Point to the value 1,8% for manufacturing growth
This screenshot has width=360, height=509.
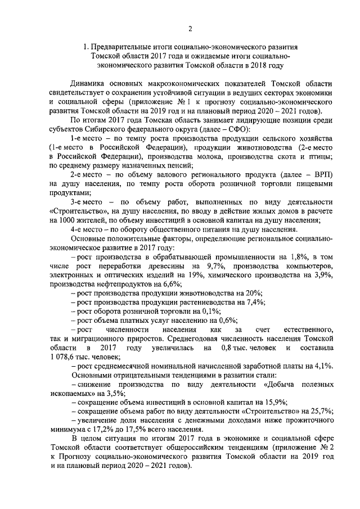click(x=296, y=256)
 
